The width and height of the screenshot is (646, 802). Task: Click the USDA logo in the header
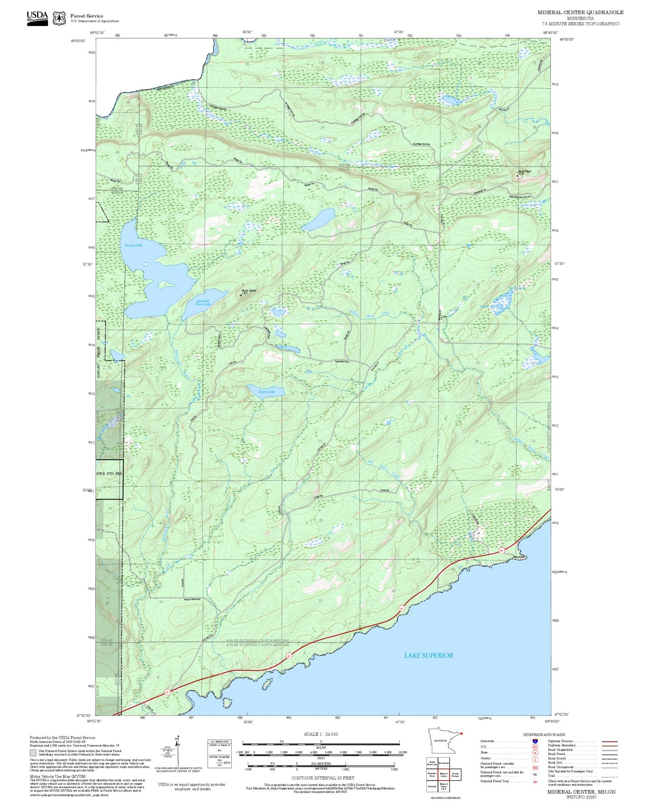pyautogui.click(x=37, y=18)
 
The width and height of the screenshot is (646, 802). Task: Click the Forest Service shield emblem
pyautogui.click(x=59, y=18)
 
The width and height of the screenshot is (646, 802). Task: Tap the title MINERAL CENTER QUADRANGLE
pyautogui.click(x=580, y=12)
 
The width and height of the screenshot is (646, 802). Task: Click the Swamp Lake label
pyautogui.click(x=133, y=245)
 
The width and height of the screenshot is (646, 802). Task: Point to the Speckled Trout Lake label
pyautogui.click(x=202, y=303)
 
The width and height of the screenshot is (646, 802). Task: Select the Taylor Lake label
pyautogui.click(x=266, y=392)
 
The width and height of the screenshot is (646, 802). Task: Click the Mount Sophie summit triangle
pyautogui.click(x=241, y=295)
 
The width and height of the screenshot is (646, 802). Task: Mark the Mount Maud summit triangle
pyautogui.click(x=517, y=176)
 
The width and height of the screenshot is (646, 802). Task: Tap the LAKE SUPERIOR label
pyautogui.click(x=428, y=656)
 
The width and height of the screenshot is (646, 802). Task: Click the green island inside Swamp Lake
pyautogui.click(x=164, y=284)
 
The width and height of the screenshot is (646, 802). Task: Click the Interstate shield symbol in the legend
pyautogui.click(x=534, y=741)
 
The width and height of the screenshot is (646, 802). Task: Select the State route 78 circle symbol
pyautogui.click(x=534, y=753)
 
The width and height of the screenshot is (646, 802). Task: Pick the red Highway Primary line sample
pyautogui.click(x=608, y=742)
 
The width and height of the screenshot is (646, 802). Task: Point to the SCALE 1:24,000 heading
pyautogui.click(x=321, y=734)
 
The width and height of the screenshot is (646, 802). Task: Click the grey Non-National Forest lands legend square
pyautogui.click(x=33, y=753)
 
